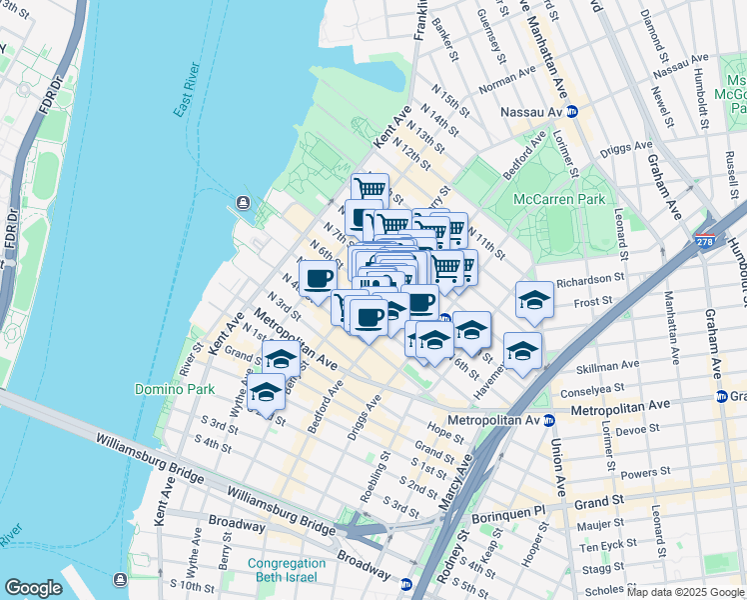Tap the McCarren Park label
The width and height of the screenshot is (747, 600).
(559, 199)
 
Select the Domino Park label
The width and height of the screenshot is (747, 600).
(166, 388)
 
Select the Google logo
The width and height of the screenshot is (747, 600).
(33, 587)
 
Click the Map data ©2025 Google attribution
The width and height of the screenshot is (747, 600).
(685, 592)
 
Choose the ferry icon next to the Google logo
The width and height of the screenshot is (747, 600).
(120, 580)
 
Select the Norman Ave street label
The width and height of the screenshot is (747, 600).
(506, 78)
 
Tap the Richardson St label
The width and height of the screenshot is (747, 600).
(590, 281)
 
